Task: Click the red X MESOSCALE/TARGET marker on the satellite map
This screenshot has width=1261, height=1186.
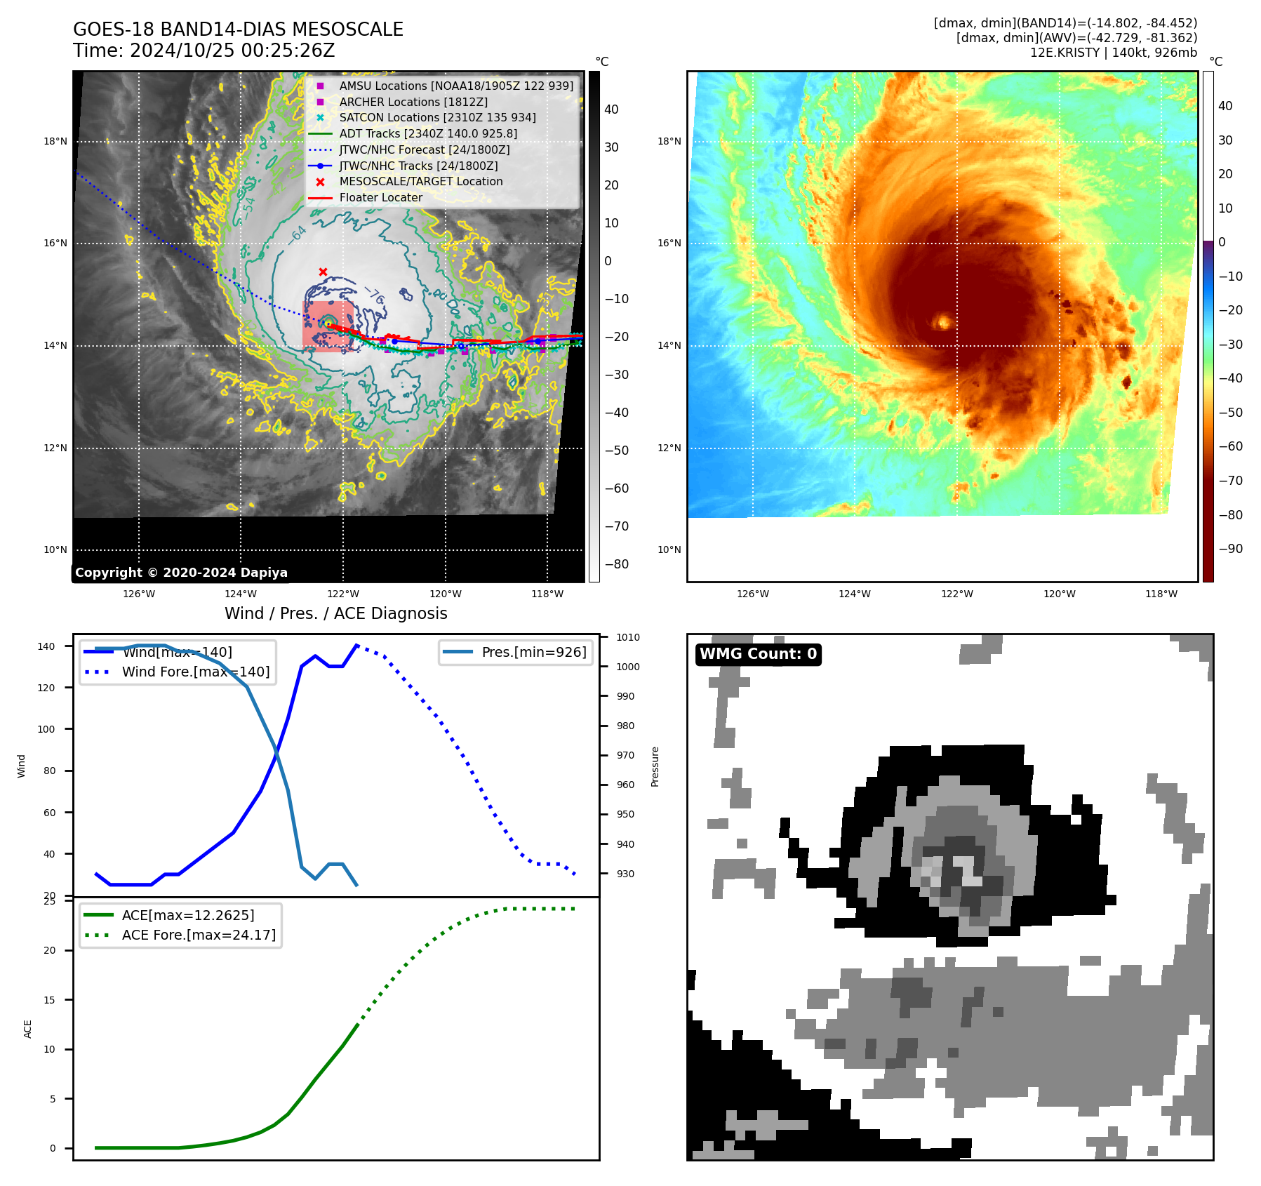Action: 323,272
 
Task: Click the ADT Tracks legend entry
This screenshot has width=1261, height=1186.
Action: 428,133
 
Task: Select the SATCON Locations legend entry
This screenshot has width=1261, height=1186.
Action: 437,117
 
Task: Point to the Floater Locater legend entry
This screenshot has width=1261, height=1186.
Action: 380,197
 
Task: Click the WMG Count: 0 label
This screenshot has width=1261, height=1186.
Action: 758,654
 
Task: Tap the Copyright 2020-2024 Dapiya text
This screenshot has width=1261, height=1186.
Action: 181,573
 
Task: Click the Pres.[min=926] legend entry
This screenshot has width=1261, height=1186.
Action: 533,652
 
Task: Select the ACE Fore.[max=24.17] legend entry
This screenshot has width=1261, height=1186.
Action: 199,935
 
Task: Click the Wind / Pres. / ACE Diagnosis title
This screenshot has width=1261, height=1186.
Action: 335,613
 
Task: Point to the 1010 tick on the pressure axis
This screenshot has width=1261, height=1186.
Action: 628,637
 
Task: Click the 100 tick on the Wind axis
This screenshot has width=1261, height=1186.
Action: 46,729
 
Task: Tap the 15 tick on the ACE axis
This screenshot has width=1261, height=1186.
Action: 49,1000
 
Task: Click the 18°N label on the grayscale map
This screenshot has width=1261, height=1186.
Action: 55,141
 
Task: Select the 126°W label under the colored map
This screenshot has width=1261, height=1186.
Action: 752,594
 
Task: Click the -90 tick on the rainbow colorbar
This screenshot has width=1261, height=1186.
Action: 1230,549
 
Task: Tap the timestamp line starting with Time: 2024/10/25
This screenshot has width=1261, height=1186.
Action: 204,51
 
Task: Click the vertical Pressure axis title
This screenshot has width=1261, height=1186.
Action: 655,766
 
